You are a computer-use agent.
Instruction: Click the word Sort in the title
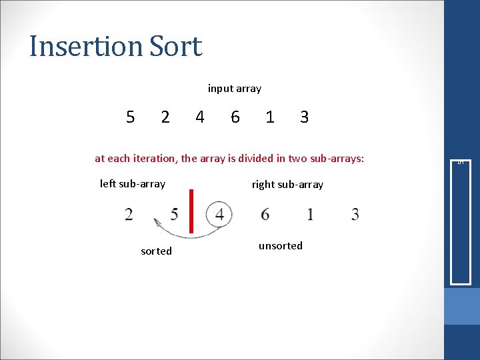175,47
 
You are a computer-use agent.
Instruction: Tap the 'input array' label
234,89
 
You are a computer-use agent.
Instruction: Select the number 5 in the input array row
131,117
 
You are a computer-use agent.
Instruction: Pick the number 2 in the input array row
165,117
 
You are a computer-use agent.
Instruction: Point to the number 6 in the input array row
235,117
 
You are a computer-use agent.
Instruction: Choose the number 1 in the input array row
269,117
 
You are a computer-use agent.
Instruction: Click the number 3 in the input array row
304,117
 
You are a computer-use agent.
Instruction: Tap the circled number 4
219,215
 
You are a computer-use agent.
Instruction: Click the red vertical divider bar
191,211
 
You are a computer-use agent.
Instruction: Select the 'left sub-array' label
133,184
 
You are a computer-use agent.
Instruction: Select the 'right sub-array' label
287,185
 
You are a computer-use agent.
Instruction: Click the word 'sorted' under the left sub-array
156,251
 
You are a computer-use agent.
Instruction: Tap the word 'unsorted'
280,246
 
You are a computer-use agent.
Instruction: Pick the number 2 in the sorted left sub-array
128,215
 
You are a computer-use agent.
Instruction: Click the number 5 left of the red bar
174,215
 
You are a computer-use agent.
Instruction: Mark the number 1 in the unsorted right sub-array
310,215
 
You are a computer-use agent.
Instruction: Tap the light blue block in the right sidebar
462,306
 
